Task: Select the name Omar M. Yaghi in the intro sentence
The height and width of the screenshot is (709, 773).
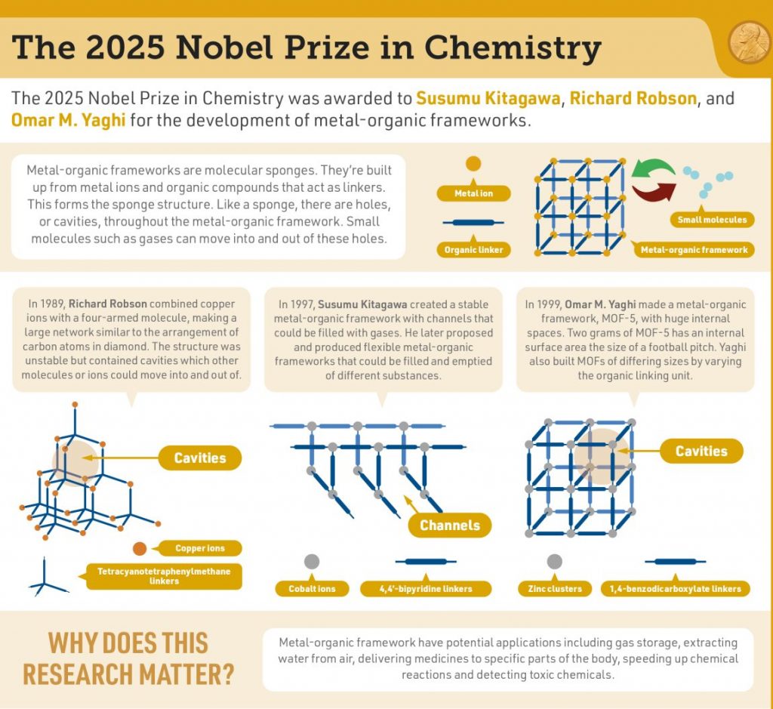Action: tap(68, 120)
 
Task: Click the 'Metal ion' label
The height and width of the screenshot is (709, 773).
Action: tap(473, 193)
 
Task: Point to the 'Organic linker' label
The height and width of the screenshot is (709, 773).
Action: tap(473, 250)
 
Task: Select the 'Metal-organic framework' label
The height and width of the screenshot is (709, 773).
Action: tap(694, 250)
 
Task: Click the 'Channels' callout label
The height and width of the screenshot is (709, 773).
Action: tap(450, 526)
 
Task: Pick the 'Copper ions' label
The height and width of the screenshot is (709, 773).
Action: tap(199, 548)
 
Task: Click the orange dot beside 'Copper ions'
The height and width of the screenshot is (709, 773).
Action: tap(140, 549)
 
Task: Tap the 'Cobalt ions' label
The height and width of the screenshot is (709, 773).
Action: tap(311, 588)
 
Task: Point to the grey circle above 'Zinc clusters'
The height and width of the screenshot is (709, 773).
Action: tap(554, 561)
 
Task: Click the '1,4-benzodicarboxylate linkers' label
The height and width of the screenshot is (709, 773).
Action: tap(675, 588)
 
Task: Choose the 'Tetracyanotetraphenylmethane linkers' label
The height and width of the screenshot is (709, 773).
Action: tap(164, 575)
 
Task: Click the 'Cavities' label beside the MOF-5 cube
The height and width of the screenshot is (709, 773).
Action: tap(701, 451)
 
